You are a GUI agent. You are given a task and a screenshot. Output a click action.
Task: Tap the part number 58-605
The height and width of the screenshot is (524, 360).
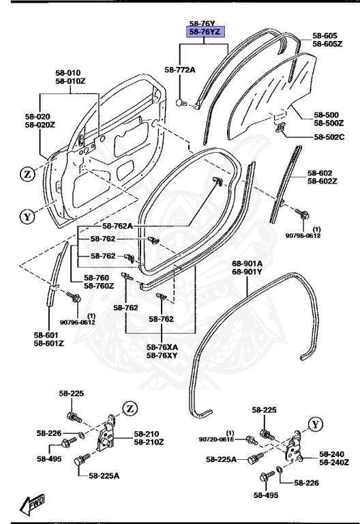[x=325, y=35]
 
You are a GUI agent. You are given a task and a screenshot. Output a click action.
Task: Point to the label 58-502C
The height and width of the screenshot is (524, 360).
[x=329, y=137]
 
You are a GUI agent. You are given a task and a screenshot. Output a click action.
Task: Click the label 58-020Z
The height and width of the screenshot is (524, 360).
[x=40, y=125]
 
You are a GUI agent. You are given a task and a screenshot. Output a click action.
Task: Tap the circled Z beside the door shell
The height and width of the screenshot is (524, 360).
[x=27, y=174]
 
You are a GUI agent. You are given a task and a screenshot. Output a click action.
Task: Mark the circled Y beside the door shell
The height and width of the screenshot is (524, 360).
[x=27, y=218]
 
